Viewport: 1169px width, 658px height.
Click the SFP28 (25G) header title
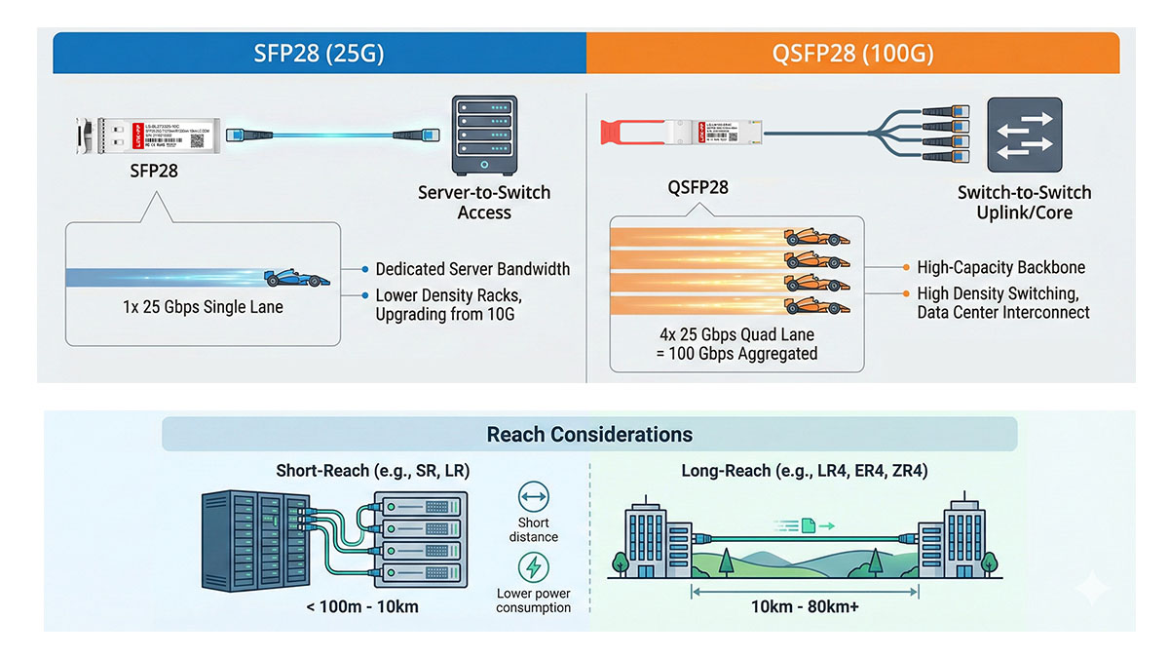[319, 54]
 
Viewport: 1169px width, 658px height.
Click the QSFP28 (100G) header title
[852, 54]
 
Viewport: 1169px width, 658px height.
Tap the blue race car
[297, 277]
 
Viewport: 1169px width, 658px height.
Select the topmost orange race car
[816, 237]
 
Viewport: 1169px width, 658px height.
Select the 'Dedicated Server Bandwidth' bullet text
[472, 269]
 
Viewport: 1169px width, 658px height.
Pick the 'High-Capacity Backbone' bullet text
[1000, 267]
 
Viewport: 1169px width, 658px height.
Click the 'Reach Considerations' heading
[589, 435]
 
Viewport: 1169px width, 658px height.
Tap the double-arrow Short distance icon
[533, 499]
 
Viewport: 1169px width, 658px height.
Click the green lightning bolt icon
[533, 566]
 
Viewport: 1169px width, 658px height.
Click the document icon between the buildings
[808, 525]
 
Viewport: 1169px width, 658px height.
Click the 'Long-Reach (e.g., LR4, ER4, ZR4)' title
[804, 471]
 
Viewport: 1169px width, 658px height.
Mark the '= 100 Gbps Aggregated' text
[736, 353]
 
